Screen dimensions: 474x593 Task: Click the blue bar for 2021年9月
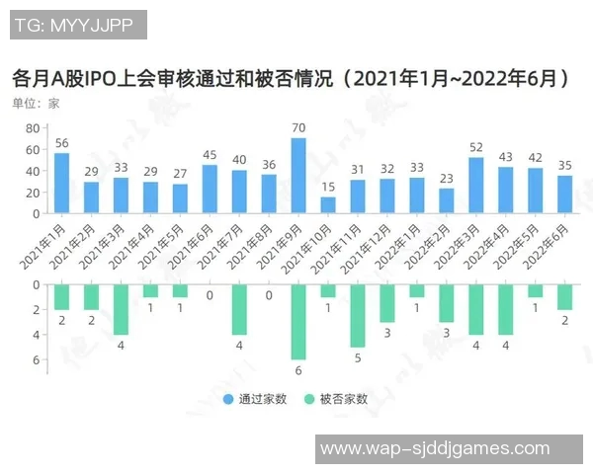point(297,176)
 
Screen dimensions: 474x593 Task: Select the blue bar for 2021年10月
point(328,205)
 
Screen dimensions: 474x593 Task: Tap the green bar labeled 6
point(297,322)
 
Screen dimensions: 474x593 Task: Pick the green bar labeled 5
point(357,315)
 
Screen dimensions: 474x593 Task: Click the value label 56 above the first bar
point(61,143)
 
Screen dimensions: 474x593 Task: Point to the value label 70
point(297,128)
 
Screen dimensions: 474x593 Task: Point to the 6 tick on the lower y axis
point(35,359)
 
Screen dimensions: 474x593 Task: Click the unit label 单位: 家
point(36,103)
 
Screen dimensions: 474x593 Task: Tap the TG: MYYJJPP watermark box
point(78,25)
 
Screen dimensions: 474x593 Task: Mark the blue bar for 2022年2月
point(446,200)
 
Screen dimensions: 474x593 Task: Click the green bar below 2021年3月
point(121,309)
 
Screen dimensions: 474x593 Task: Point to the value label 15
point(328,188)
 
